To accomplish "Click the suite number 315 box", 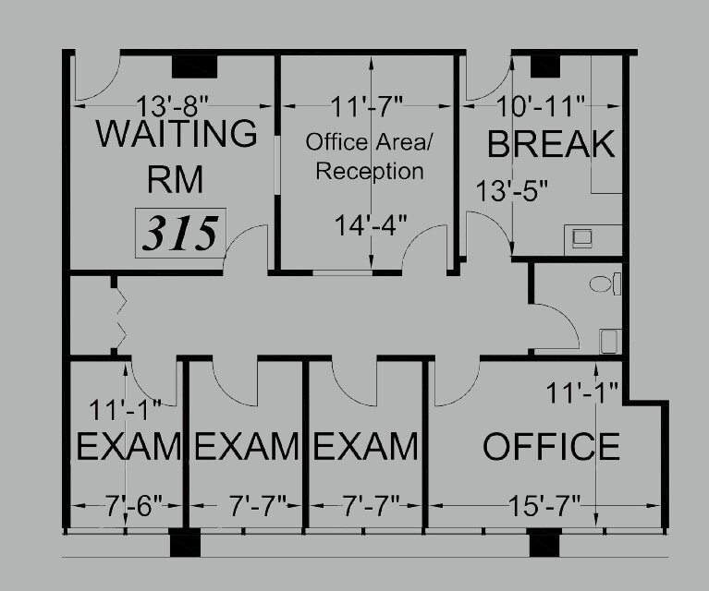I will (180, 232).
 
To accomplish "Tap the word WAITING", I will (177, 133).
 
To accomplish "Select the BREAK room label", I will (550, 144).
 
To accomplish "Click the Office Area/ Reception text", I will (364, 157).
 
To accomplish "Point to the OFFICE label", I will (551, 447).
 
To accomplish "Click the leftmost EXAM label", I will (127, 447).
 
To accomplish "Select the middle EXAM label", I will (246, 447).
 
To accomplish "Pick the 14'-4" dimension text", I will (369, 224).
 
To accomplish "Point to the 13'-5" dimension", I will (512, 191).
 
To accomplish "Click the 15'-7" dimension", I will (544, 505).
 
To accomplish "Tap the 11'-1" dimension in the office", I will (581, 395).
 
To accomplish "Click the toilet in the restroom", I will (605, 283).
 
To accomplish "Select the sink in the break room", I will (581, 238).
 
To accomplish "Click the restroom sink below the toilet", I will (608, 342).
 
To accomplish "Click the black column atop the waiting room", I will (194, 66).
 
